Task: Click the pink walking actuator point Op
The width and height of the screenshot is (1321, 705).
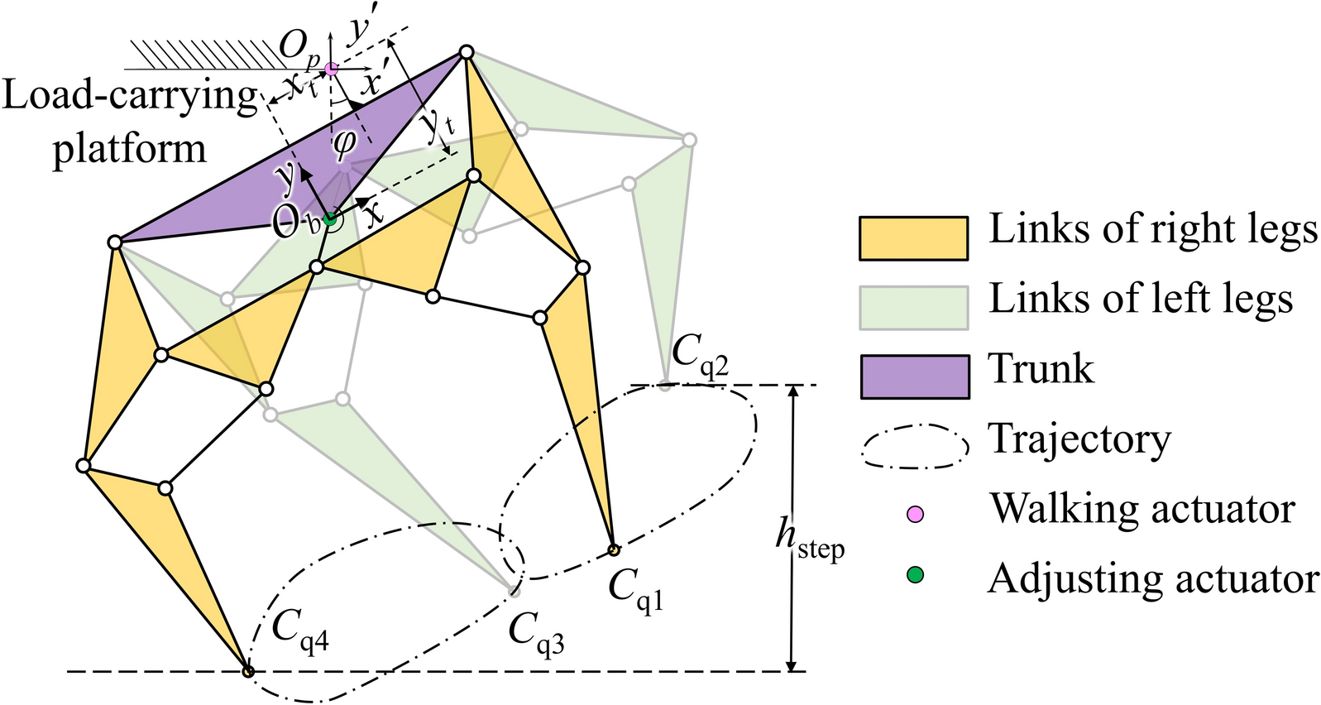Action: click(331, 70)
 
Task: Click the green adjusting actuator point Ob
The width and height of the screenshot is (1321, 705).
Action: click(330, 219)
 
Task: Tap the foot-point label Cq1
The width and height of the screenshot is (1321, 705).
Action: click(635, 589)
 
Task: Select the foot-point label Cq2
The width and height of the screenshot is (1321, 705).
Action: click(699, 355)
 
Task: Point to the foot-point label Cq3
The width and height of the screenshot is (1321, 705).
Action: click(536, 633)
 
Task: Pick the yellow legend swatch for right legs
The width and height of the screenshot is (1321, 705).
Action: click(913, 238)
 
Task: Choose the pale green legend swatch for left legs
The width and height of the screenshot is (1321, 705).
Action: click(913, 308)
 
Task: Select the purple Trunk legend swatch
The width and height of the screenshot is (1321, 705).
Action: click(913, 376)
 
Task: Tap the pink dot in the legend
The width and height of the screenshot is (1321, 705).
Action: click(915, 515)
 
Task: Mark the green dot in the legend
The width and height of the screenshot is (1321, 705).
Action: click(915, 575)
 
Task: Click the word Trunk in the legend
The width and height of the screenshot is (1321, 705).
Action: click(1041, 369)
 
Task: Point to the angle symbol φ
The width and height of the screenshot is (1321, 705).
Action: click(344, 142)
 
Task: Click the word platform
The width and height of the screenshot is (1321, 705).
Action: click(129, 149)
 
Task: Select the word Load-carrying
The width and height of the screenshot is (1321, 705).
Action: click(130, 97)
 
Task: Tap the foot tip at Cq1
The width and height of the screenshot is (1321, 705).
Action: click(614, 549)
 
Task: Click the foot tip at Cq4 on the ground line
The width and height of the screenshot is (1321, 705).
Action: click(247, 670)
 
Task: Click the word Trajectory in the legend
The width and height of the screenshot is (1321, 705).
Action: click(1079, 439)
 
